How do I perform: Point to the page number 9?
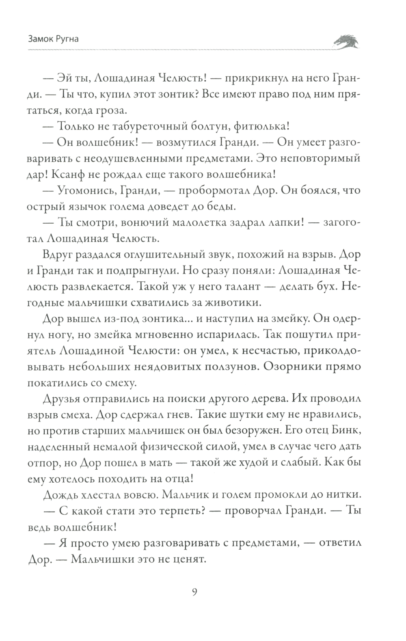tap(194, 592)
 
